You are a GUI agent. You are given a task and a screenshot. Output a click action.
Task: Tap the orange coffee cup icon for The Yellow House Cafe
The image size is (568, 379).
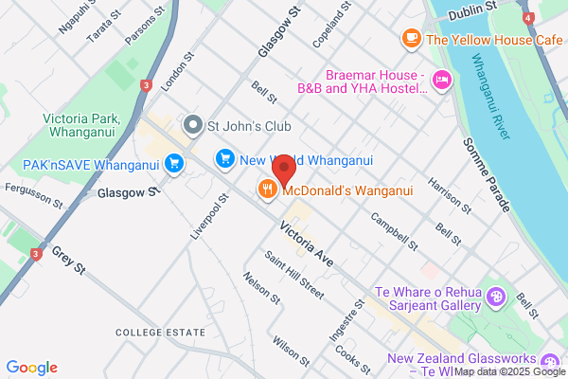pos(411,38)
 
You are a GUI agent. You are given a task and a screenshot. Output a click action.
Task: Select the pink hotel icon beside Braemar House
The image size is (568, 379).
pos(440,79)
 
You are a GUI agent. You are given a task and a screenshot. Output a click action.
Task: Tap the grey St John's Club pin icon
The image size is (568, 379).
pos(193,125)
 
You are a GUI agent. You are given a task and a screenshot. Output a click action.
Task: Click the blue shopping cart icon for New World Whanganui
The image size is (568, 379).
pos(224,157)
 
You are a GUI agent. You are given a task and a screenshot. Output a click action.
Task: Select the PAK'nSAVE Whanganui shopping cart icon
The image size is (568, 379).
pos(173,164)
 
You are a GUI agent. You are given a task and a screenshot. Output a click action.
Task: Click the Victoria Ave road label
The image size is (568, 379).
pos(307,243)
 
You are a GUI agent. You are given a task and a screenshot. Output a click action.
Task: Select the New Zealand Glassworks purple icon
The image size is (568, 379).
pos(549,360)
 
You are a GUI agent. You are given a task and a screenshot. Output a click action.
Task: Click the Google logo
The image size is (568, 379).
pos(31,368)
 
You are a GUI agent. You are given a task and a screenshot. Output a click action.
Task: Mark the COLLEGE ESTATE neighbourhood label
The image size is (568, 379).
pos(159,333)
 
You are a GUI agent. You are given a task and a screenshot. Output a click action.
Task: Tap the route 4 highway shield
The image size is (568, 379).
pos(527,18)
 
